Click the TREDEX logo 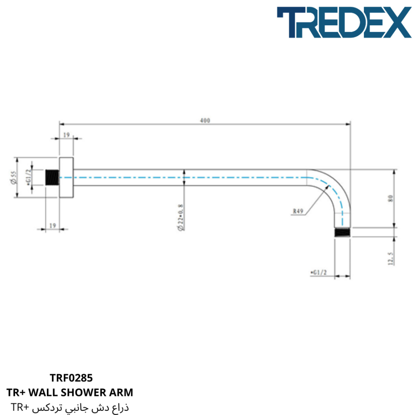(344, 22)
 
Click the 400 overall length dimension (205, 120)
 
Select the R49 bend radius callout (298, 211)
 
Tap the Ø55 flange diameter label (14, 178)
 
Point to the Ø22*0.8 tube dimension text (181, 217)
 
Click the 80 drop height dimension (391, 198)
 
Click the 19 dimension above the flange (66, 135)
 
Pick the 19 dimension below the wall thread (53, 225)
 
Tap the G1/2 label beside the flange (29, 176)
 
